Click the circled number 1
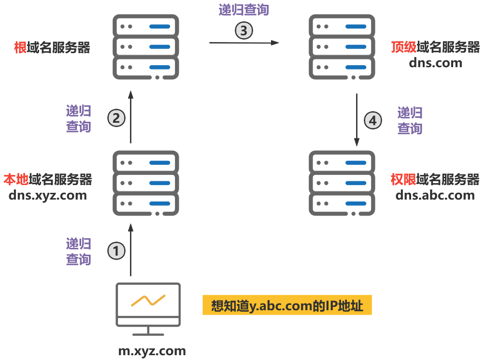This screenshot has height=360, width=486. [116, 251]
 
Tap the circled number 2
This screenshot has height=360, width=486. [116, 118]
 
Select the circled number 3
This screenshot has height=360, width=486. [244, 30]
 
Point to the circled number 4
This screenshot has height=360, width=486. [372, 120]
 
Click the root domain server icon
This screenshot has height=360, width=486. [146, 47]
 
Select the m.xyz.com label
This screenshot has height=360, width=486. [152, 351]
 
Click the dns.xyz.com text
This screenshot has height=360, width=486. [48, 195]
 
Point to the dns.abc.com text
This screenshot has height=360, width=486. [435, 195]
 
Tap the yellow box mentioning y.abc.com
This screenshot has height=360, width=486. [287, 306]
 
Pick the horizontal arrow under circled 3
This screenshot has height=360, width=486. [244, 43]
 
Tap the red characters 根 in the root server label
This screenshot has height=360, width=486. [21, 47]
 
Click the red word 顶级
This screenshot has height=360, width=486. [403, 47]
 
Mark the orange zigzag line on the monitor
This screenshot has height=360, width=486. [148, 300]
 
